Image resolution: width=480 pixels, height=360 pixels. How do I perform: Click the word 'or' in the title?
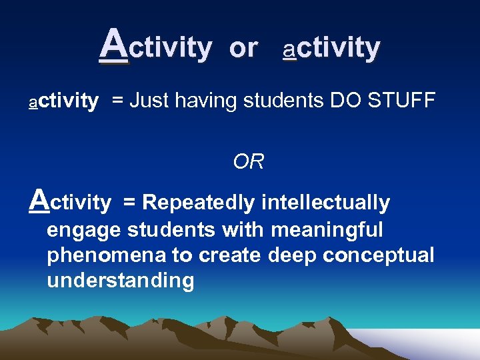243,48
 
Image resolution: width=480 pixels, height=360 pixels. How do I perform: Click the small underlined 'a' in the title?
289,49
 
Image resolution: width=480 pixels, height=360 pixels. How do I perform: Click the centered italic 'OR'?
249,161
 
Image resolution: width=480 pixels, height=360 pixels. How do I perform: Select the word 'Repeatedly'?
199,203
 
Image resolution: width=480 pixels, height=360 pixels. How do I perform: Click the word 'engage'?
84,231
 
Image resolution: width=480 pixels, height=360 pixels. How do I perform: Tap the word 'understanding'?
120,280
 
